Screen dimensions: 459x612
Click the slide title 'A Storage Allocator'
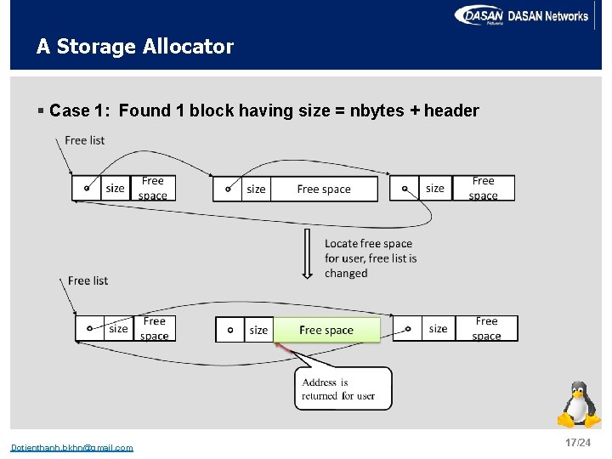tap(134, 47)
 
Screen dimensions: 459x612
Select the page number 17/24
tap(577, 444)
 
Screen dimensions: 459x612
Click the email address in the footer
tap(71, 448)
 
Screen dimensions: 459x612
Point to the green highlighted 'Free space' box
tap(326, 330)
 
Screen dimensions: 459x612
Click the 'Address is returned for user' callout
tap(343, 388)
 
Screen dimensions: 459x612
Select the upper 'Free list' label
tap(85, 140)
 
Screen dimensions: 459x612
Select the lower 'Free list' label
tap(88, 280)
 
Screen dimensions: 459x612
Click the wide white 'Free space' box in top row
tap(324, 190)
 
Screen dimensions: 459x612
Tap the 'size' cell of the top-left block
tap(116, 189)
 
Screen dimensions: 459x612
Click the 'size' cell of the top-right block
tap(435, 189)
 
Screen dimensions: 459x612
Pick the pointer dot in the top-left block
tap(86, 189)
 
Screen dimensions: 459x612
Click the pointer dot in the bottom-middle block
tap(229, 330)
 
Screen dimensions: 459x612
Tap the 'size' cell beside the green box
tap(258, 330)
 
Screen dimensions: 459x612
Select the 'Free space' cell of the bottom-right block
tap(486, 329)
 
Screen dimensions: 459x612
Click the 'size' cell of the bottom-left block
tap(119, 329)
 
